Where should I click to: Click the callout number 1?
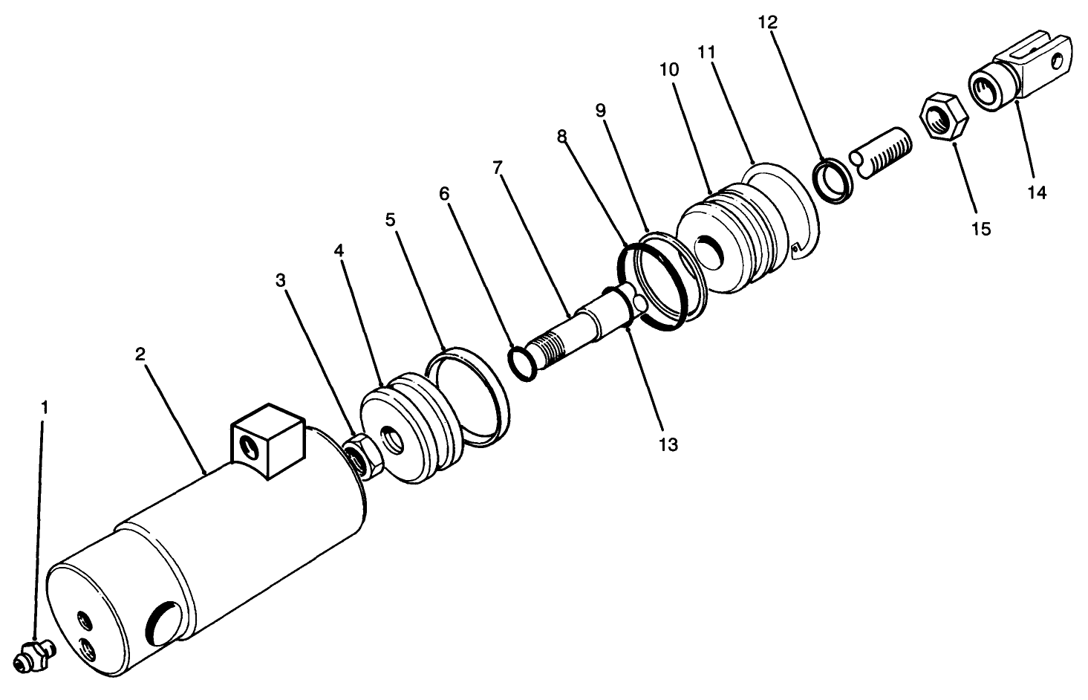click(x=45, y=407)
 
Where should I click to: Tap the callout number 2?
click(x=140, y=354)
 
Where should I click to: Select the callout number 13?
click(x=668, y=444)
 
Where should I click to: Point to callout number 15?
click(x=981, y=228)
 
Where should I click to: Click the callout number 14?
click(x=1037, y=192)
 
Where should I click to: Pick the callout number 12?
click(x=767, y=23)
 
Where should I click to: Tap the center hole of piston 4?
click(x=393, y=441)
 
